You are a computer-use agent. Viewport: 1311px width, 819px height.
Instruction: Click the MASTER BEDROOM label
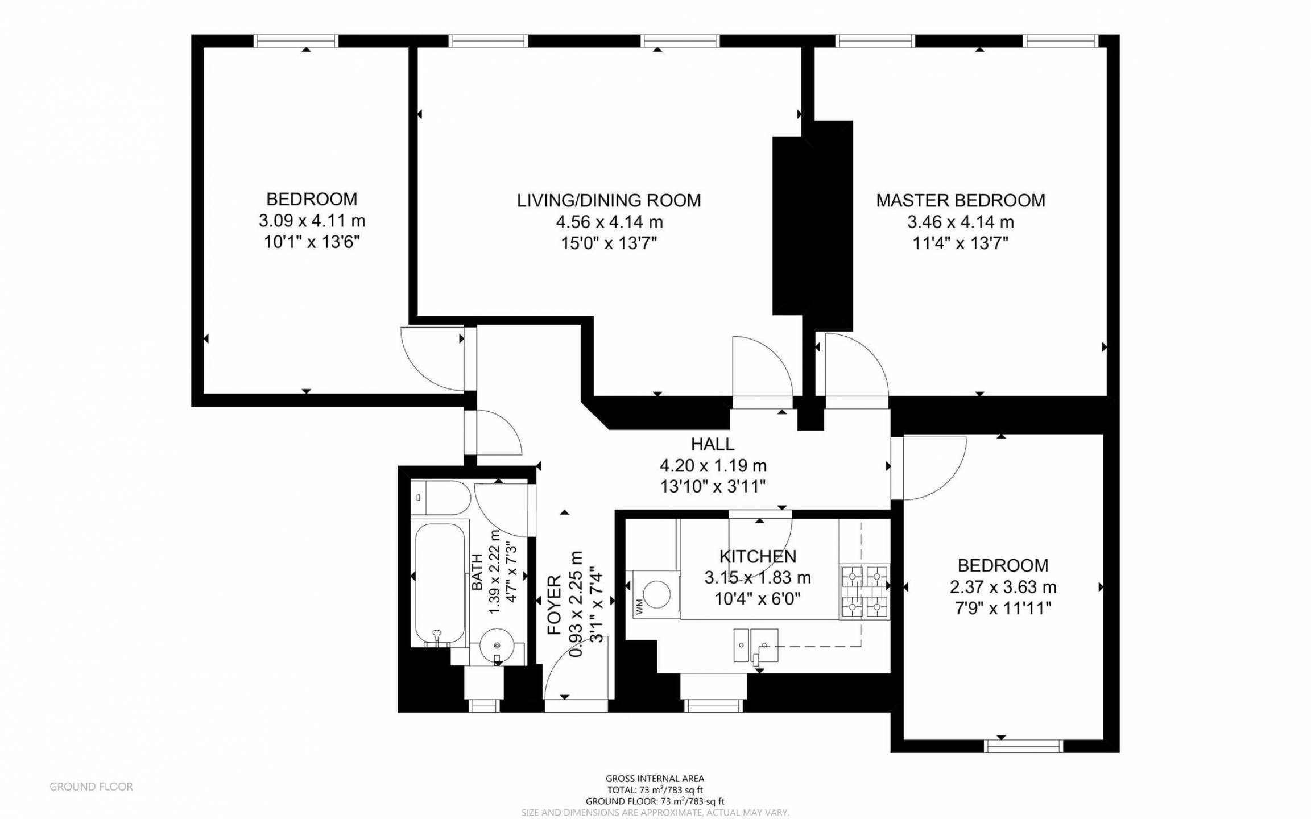click(x=960, y=200)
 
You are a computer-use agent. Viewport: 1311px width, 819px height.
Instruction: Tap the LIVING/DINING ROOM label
click(x=609, y=200)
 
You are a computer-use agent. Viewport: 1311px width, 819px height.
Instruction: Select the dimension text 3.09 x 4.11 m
click(x=312, y=221)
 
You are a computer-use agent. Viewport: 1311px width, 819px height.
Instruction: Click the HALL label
click(x=712, y=444)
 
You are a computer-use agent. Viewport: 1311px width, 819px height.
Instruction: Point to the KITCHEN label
click(x=758, y=556)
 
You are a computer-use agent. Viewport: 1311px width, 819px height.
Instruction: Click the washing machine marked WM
click(x=656, y=594)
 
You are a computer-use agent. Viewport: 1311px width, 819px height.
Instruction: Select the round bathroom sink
click(x=497, y=646)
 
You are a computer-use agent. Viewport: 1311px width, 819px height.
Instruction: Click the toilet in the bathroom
click(x=441, y=498)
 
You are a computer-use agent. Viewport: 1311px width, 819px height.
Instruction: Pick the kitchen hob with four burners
click(x=865, y=592)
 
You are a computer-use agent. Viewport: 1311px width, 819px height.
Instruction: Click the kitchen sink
click(x=755, y=645)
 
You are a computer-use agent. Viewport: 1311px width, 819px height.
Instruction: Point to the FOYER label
click(x=554, y=605)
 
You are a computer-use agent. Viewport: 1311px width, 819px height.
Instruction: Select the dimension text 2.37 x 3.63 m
click(x=1003, y=587)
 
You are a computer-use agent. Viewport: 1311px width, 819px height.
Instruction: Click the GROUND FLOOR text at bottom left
click(x=91, y=787)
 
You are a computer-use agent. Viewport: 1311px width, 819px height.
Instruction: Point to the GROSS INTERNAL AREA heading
click(x=655, y=779)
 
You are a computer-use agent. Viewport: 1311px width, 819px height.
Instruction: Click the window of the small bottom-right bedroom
click(x=1024, y=746)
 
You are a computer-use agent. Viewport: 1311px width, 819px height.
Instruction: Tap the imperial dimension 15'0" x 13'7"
click(x=609, y=243)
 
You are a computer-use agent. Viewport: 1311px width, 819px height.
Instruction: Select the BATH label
click(x=477, y=571)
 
